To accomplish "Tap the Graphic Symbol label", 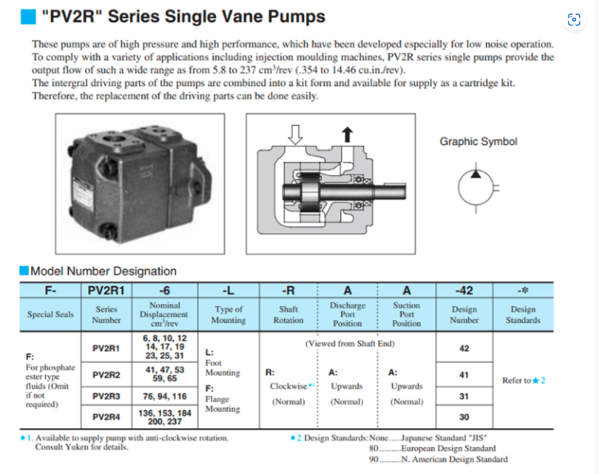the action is pos(478,142).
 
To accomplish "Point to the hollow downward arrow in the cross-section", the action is pos(296,133).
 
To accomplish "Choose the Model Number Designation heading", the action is pos(102,271).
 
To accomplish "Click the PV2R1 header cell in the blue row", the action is pos(106,290).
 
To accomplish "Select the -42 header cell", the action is pos(464,290).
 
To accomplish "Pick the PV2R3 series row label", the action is pos(106,395).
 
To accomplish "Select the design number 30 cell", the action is pos(464,417).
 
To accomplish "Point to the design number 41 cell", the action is pos(464,374).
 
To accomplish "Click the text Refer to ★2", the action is pos(522,381).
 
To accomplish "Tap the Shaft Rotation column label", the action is pos(288,315).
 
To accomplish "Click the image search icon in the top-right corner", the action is pos(574,20).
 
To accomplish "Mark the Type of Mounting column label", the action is pos(228,315).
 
